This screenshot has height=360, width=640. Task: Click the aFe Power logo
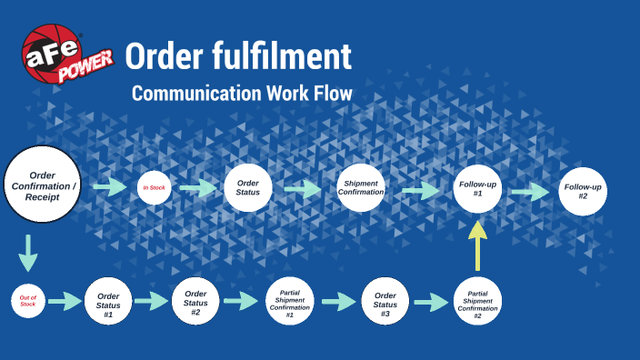click(x=65, y=55)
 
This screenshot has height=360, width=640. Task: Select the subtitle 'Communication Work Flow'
click(x=241, y=94)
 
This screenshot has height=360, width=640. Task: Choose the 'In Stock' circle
click(x=153, y=188)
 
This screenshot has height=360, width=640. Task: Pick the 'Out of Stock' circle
click(x=27, y=300)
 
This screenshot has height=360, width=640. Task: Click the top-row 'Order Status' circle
click(x=247, y=187)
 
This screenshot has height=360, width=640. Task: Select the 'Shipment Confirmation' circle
click(x=361, y=187)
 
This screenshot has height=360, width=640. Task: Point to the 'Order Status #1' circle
click(x=108, y=300)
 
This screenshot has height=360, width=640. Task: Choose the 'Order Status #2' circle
click(x=195, y=300)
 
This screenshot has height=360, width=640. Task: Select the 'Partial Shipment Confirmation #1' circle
click(x=290, y=301)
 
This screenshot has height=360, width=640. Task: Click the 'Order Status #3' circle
click(x=385, y=301)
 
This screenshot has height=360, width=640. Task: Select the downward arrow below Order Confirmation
click(x=28, y=252)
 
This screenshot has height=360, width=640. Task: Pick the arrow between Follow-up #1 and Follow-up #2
click(x=529, y=192)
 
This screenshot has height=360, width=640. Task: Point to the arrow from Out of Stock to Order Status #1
click(x=65, y=301)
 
